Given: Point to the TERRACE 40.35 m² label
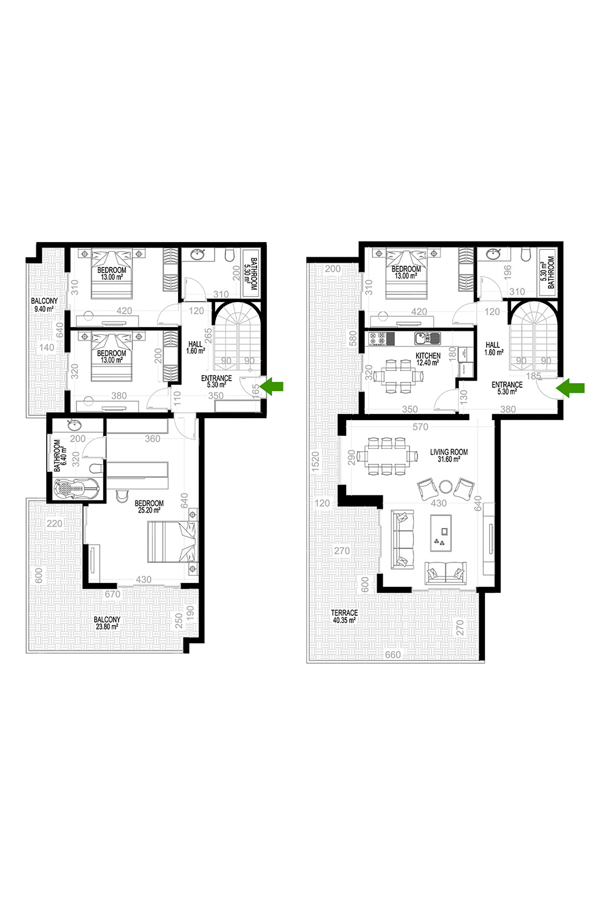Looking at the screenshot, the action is [344, 616].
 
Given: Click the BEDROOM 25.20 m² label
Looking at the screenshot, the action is [149, 506].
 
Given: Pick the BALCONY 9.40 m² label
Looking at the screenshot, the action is [44, 305].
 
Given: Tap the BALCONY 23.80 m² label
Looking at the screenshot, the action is [107, 623].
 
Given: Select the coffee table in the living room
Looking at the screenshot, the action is [441, 533].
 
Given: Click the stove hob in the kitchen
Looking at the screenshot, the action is [377, 338].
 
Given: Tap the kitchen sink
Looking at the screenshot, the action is [427, 338].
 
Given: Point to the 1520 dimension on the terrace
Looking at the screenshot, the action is [315, 462].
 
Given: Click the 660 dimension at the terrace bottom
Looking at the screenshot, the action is [392, 654].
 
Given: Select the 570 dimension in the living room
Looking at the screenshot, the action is [420, 426].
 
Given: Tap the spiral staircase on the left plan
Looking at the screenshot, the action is [238, 336].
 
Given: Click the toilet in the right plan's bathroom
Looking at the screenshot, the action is [526, 254].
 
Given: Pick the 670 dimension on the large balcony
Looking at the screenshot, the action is [112, 594].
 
